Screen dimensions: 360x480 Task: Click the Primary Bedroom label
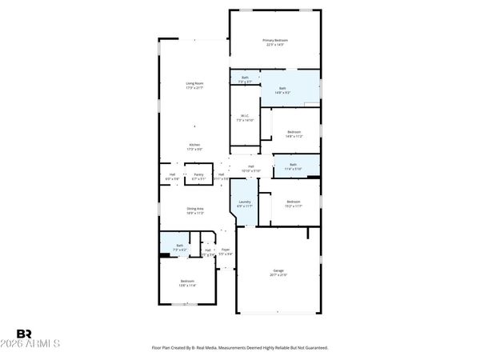pos(274,40)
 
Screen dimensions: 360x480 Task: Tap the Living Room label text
pos(194,83)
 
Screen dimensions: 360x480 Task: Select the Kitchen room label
pos(194,145)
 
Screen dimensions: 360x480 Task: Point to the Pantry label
pos(198,174)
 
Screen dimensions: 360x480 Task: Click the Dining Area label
pos(194,209)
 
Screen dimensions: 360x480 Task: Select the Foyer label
pos(226,250)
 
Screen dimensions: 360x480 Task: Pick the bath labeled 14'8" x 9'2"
pos(283,89)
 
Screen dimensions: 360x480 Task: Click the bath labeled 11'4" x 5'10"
pos(294,164)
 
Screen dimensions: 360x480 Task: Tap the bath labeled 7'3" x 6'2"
pos(180,246)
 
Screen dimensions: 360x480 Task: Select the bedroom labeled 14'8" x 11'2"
pos(294,132)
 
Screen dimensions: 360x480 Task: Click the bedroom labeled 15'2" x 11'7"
pos(294,202)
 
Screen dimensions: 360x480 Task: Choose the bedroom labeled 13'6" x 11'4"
pos(187,281)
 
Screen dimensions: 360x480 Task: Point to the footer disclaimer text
pos(240,348)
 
